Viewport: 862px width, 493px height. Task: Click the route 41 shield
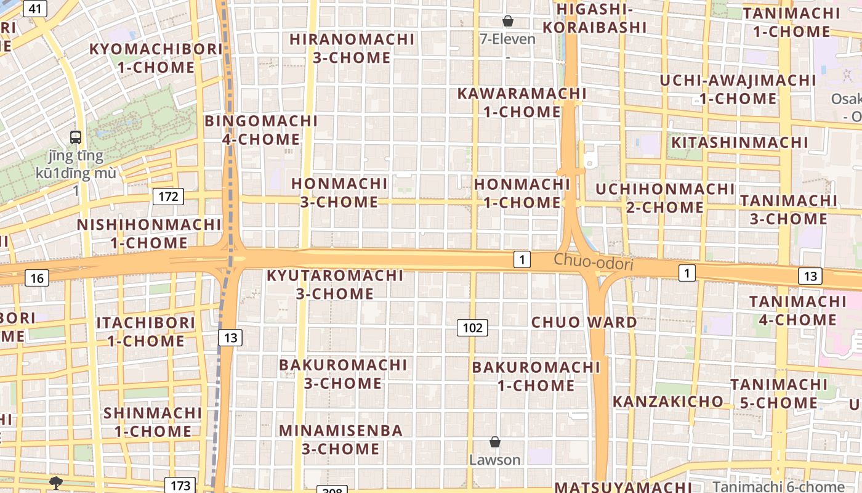tap(36, 9)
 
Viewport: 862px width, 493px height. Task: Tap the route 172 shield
tap(168, 197)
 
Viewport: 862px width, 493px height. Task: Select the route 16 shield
tap(37, 278)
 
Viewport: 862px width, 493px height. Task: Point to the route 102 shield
tap(472, 328)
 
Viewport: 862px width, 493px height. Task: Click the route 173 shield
tap(180, 485)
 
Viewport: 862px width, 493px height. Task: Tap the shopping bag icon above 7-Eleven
tap(508, 22)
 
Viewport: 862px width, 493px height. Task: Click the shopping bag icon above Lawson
tap(494, 442)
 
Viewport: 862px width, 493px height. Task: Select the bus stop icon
tap(76, 137)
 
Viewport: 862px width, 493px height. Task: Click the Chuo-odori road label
tap(593, 263)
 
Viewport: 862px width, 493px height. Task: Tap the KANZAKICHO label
tap(668, 402)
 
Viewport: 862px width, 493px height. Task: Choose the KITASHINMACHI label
tap(739, 142)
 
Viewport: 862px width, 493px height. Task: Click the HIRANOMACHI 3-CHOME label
tap(352, 48)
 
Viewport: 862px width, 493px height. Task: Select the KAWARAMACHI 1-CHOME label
tap(522, 102)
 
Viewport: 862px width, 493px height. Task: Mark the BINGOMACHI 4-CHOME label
tap(261, 130)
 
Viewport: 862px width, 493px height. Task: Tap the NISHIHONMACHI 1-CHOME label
tap(148, 234)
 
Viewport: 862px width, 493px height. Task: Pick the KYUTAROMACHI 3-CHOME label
tap(335, 284)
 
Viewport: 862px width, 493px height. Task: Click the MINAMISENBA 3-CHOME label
tap(341, 439)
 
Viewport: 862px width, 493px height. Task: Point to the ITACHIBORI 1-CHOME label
tap(146, 332)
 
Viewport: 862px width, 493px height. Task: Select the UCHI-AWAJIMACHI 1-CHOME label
tap(738, 89)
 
